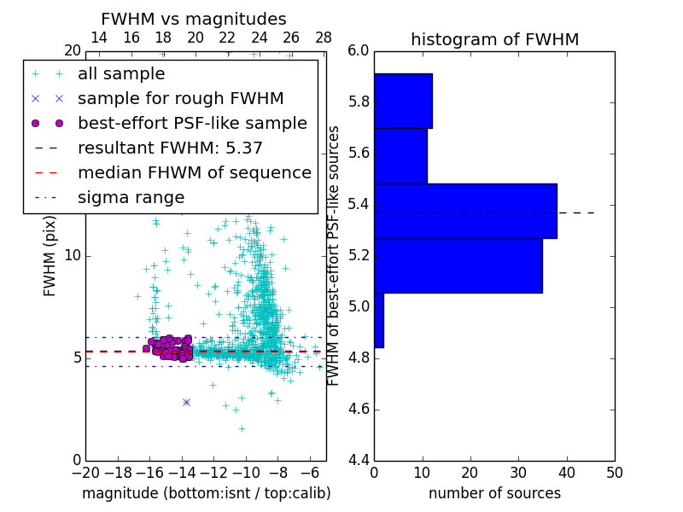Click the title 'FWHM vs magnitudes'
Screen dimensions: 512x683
pyautogui.click(x=194, y=19)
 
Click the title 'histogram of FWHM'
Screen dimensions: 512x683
pyautogui.click(x=494, y=39)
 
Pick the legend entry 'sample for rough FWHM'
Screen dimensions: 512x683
pyautogui.click(x=180, y=98)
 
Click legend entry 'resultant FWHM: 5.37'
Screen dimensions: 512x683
pyautogui.click(x=170, y=148)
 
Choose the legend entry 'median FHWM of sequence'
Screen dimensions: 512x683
pyautogui.click(x=194, y=172)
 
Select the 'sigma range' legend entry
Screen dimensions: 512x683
pyautogui.click(x=131, y=197)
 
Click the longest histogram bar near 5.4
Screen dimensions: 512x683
pyautogui.click(x=465, y=211)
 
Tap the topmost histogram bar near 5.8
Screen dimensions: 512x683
pyautogui.click(x=403, y=101)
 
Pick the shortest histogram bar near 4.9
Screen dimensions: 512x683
pyautogui.click(x=379, y=320)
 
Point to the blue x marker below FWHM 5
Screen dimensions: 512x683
pyautogui.click(x=186, y=402)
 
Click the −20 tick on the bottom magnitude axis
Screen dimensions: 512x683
pyautogui.click(x=85, y=472)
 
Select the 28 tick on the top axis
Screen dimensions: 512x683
pyautogui.click(x=324, y=38)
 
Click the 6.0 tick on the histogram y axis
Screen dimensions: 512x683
pyautogui.click(x=359, y=50)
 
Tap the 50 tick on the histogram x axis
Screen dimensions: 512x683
pyautogui.click(x=613, y=472)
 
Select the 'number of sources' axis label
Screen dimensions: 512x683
pyautogui.click(x=494, y=493)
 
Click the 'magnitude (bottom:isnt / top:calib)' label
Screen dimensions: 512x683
pyautogui.click(x=206, y=493)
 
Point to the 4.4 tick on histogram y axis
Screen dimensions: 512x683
pyautogui.click(x=359, y=460)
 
